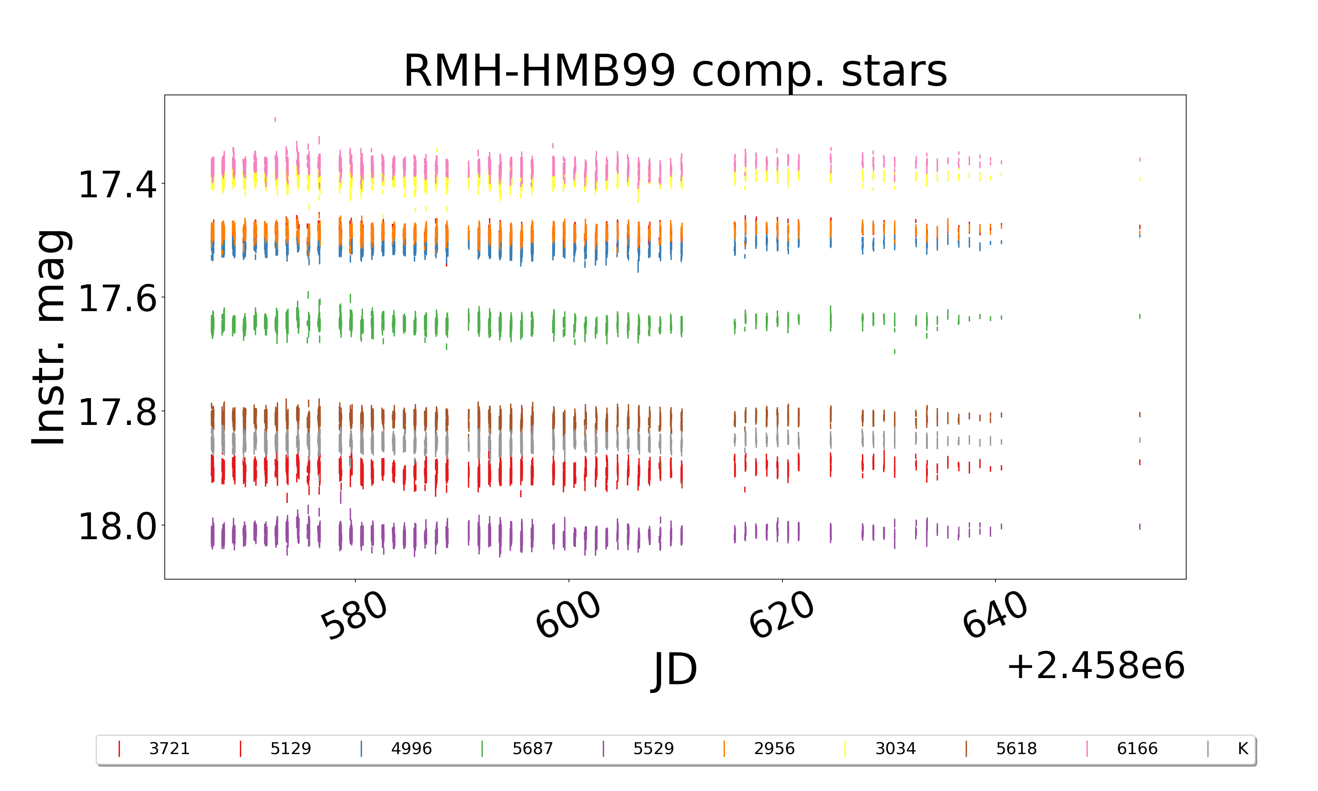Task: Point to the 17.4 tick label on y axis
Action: point(118,185)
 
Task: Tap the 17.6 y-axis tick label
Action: point(118,298)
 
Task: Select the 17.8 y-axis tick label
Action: point(118,412)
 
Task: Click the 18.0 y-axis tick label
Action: point(118,526)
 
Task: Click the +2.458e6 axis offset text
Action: point(1096,666)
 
